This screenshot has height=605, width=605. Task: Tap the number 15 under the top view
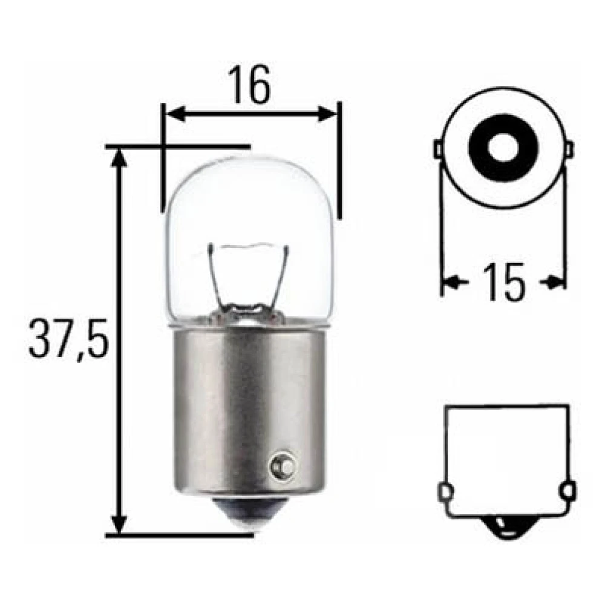coord(504,283)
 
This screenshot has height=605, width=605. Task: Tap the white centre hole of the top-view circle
coord(502,146)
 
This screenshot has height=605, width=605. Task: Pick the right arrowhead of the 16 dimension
coord(327,114)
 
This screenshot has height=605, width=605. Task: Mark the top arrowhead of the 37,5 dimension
coord(120,159)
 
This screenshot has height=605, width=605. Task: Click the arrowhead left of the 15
coord(451,282)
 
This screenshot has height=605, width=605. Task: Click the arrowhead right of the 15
coord(556,282)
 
